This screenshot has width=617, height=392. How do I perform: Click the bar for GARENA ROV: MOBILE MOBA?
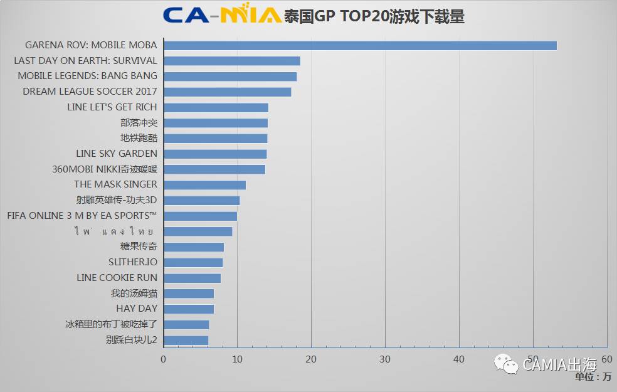tap(360, 45)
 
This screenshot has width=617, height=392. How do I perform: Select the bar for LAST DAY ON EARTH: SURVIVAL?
tap(232, 61)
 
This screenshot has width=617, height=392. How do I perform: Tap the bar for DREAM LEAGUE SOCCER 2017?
tap(227, 92)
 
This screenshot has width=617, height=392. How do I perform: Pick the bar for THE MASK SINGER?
tap(204, 184)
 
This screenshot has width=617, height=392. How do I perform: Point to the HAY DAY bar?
tap(189, 309)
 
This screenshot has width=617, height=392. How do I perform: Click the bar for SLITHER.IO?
tap(193, 262)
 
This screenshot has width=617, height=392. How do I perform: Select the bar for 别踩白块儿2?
tap(186, 340)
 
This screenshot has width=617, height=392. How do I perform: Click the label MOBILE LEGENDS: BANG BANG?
tap(87, 76)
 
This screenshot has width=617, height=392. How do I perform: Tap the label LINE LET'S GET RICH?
tap(112, 107)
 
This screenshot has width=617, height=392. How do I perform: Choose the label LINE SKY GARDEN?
tap(116, 154)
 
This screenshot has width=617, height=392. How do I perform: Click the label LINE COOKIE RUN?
tap(117, 278)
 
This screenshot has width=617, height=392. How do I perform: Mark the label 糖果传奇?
tap(139, 246)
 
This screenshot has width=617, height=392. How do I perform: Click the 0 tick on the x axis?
tap(164, 359)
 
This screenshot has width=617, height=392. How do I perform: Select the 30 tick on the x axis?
tap(385, 359)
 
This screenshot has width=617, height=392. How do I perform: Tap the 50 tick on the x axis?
tap(533, 359)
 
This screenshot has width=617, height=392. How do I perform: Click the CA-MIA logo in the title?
tap(221, 15)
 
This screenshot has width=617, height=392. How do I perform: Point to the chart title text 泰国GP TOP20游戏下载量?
tap(374, 16)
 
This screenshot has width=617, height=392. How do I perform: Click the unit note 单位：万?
tap(593, 376)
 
